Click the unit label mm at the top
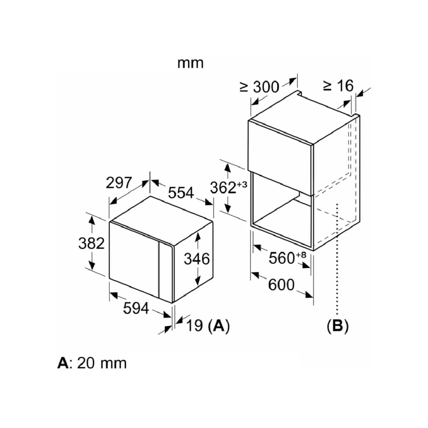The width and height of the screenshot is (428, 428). click(190, 63)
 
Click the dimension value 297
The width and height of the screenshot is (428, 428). click(119, 183)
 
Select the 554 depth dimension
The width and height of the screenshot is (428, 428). click(181, 193)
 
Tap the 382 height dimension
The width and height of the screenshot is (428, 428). click(91, 243)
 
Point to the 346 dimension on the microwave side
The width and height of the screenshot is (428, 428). click(197, 259)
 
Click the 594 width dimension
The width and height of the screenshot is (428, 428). click(136, 309)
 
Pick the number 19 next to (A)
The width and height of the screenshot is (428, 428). click(194, 326)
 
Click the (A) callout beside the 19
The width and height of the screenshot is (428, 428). click(219, 326)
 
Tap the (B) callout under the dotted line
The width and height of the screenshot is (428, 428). click(338, 326)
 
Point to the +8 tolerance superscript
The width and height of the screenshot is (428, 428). click(301, 255)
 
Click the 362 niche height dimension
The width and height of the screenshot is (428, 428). click(223, 188)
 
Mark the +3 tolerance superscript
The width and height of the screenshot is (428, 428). click(242, 184)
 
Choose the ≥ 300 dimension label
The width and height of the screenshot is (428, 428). click(259, 87)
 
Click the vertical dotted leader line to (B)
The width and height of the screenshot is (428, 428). click(337, 259)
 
